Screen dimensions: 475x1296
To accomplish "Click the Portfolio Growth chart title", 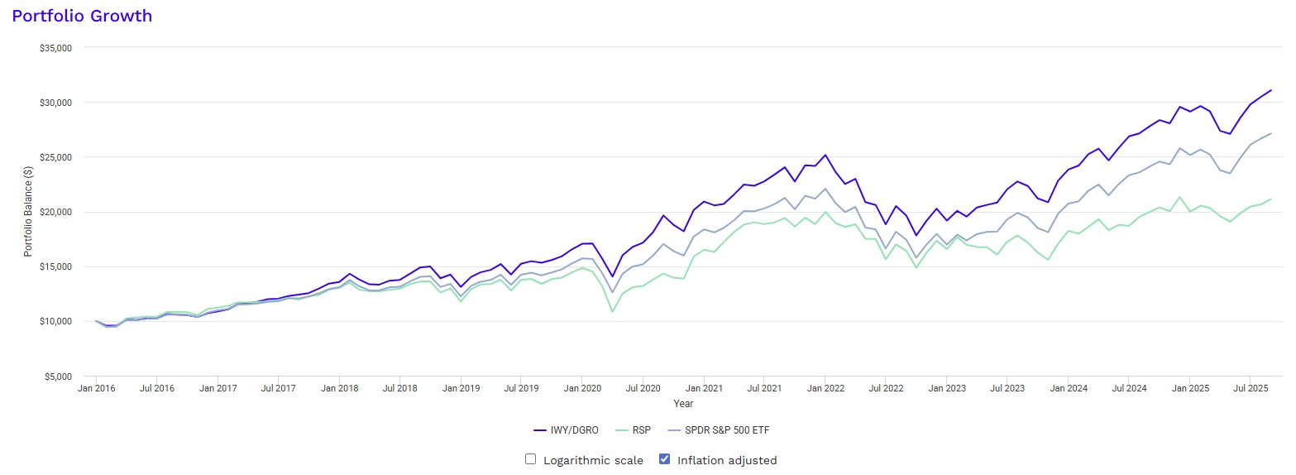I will tap(82, 16).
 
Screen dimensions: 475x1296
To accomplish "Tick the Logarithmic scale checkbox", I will tap(531, 459).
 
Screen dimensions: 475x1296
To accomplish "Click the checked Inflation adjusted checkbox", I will tap(664, 459).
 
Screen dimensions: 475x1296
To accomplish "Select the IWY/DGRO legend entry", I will tap(567, 430).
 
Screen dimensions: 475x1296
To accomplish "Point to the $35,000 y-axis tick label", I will tap(56, 48).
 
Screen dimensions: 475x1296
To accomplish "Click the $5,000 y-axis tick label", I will tap(59, 376).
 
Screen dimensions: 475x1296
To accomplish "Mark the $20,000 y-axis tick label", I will tap(56, 212).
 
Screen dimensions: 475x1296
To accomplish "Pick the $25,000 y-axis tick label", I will tap(56, 157).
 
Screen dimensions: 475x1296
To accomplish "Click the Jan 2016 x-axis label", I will tap(97, 387).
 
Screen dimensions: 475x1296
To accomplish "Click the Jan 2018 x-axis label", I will tap(339, 387).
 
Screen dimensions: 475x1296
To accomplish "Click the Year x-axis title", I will tap(683, 404).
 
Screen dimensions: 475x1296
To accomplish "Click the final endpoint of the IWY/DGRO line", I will tap(1271, 89).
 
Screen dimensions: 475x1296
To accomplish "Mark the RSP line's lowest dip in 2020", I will tap(612, 311).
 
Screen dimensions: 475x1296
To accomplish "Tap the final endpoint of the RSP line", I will tap(1271, 199).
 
